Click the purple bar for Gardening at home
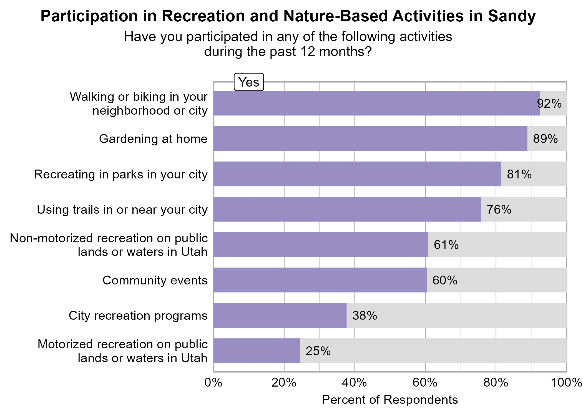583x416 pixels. point(370,138)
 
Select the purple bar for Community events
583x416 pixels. point(320,280)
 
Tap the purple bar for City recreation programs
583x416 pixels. point(280,315)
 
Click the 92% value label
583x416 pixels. point(549,104)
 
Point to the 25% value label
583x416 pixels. point(318,351)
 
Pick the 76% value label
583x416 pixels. point(499,210)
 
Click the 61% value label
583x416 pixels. point(446,245)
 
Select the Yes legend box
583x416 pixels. point(249,82)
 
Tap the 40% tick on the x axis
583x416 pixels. point(355,383)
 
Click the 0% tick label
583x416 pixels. point(213,383)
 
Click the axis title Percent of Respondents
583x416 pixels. point(390,400)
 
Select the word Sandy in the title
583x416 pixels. point(512,16)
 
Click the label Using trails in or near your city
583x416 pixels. point(122,210)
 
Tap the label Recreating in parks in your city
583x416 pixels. point(121,174)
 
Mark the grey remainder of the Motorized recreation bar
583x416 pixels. point(433,351)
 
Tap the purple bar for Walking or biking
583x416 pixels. point(376,103)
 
